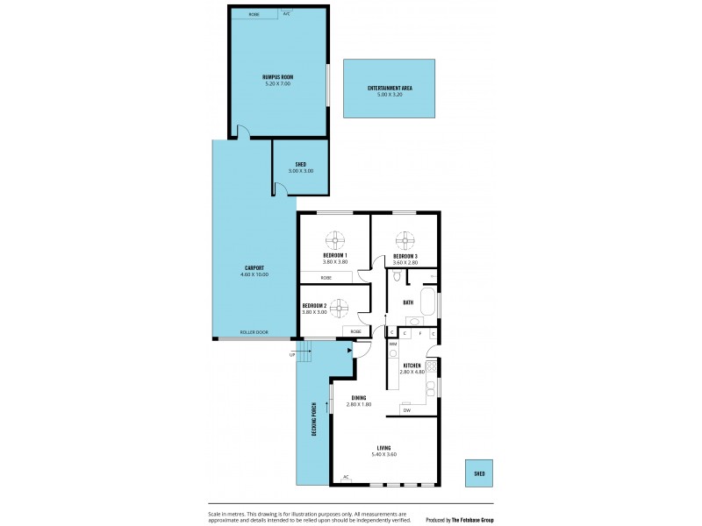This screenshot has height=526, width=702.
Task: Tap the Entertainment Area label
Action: [390, 88]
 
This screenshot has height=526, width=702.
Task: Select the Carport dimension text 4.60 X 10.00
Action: [254, 274]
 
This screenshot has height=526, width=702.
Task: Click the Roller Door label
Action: [254, 332]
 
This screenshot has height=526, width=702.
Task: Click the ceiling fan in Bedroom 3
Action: [405, 239]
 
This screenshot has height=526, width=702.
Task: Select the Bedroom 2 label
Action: [314, 305]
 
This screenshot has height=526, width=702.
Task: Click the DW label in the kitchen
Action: [406, 409]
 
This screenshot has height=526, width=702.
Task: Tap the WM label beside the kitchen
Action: [393, 344]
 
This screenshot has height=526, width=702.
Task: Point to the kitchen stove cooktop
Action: [431, 366]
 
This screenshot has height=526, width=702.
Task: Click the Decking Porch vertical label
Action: [312, 421]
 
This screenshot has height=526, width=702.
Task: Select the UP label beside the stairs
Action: [291, 354]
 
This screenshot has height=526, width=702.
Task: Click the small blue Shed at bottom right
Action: [479, 473]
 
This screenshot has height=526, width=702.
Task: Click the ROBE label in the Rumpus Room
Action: [254, 14]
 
